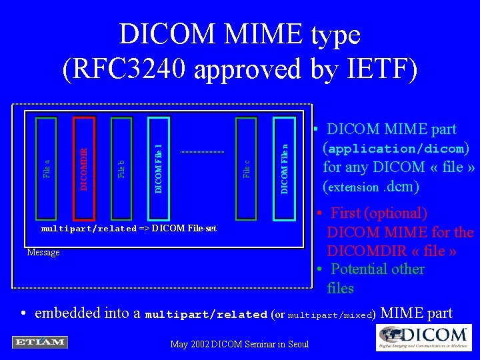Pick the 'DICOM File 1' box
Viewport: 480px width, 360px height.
159,168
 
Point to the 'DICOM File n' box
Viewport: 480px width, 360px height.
285,168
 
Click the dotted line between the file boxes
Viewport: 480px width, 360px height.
202,153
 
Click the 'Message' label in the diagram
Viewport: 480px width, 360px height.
43,253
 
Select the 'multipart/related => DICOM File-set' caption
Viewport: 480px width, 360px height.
129,229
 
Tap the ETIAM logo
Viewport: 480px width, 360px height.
39,342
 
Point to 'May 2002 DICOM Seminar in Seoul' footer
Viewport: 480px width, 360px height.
240,344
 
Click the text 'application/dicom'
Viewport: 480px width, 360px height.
396,149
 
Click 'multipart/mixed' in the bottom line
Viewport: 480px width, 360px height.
331,315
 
